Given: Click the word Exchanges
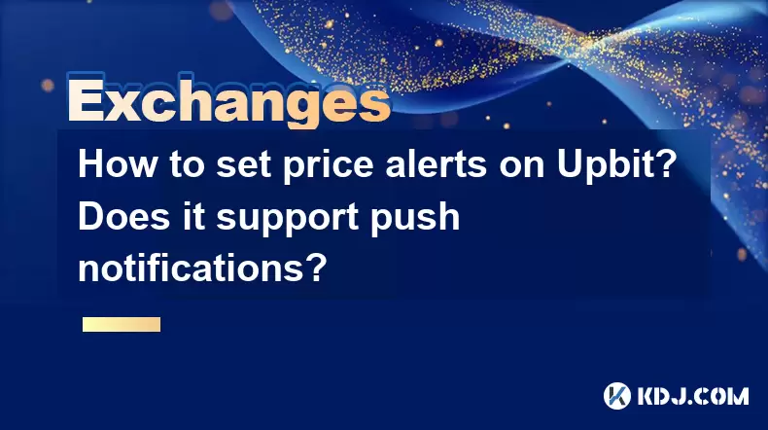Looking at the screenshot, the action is tap(229, 101).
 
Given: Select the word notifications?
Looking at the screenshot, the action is tap(202, 268).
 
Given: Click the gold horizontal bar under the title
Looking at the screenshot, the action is tap(122, 325).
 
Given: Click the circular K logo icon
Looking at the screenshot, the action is tap(617, 396).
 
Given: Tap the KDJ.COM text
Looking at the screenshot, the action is tap(692, 396).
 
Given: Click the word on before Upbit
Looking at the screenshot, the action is tap(522, 167).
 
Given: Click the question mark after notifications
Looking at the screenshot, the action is tap(317, 268).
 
